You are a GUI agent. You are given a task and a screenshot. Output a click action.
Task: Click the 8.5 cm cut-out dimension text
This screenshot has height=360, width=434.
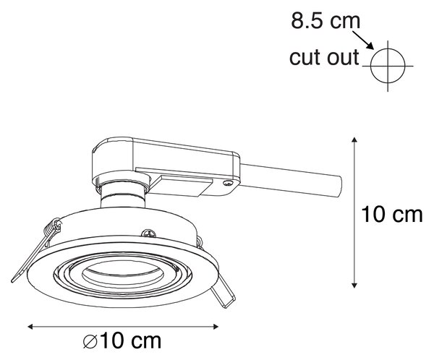point(325,21)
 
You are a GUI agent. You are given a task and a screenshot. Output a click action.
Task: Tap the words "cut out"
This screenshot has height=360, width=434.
point(324,57)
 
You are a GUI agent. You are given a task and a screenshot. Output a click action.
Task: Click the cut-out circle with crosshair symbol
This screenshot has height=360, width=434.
point(388,66)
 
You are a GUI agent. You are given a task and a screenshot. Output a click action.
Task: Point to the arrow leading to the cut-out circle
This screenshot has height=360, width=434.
point(363,40)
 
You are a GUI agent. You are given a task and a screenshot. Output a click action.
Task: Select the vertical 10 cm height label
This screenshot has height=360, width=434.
point(392,215)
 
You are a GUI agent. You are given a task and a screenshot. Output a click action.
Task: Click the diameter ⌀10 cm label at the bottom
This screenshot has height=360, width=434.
point(122,341)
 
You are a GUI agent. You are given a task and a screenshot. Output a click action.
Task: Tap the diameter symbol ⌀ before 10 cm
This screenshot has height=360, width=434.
point(90,341)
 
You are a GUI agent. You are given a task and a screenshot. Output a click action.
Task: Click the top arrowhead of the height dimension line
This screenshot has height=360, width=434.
point(354,140)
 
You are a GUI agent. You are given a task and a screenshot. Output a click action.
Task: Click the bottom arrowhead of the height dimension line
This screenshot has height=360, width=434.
point(354,286)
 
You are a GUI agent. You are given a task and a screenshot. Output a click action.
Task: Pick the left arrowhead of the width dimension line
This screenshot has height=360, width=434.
point(30,327)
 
